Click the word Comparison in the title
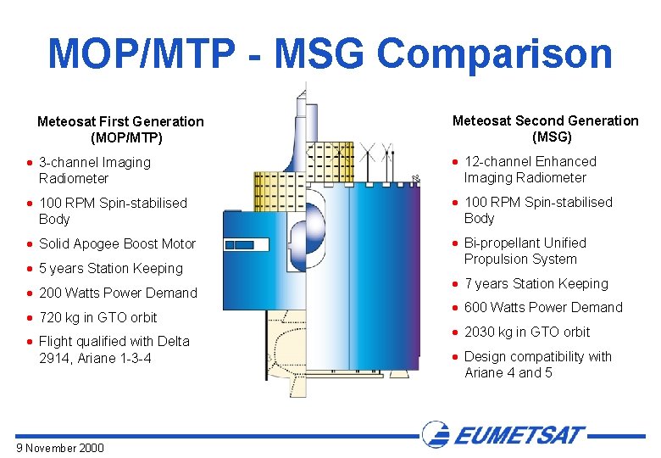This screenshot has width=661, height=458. (494, 53)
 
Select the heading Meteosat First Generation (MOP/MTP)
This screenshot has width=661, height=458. (120, 130)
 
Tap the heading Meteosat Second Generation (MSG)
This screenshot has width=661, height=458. (545, 129)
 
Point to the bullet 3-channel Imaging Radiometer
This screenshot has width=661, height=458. (94, 170)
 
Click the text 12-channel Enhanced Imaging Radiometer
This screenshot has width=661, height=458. (530, 170)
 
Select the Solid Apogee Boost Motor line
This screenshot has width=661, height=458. (117, 244)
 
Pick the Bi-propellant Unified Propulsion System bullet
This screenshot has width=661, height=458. (525, 251)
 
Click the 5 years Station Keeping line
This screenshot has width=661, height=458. (110, 269)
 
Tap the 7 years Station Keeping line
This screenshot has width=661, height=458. (536, 284)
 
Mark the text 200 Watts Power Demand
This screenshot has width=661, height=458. (118, 293)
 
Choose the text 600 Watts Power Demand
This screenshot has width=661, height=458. (543, 308)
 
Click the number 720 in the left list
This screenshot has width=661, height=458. (51, 318)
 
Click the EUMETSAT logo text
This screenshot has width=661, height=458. (519, 436)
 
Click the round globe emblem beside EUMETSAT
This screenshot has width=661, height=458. (437, 435)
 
